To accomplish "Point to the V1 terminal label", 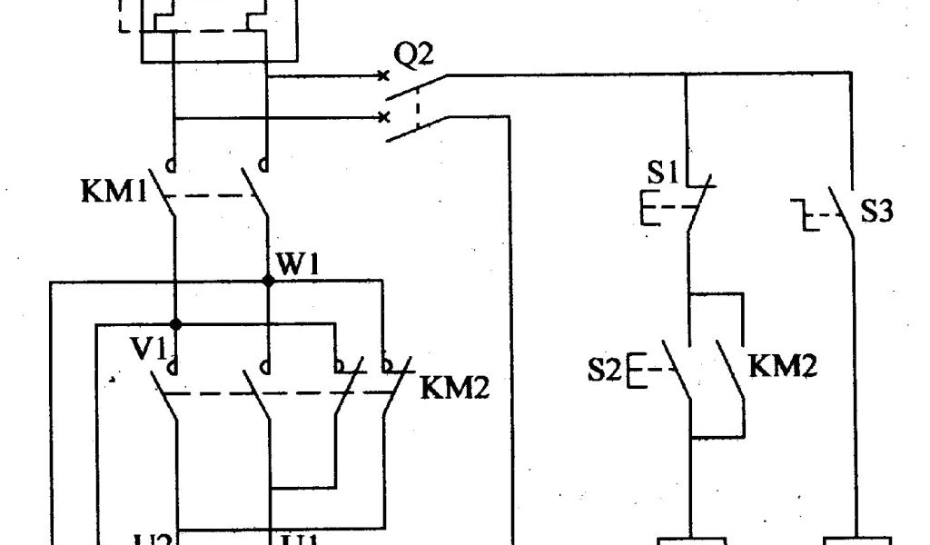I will (x=153, y=350).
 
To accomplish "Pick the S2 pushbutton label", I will (x=605, y=370).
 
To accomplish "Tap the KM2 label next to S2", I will (x=783, y=366).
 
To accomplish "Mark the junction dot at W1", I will (x=268, y=282).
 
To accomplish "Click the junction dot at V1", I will (x=176, y=324).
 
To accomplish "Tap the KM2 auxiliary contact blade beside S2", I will (x=732, y=371).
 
